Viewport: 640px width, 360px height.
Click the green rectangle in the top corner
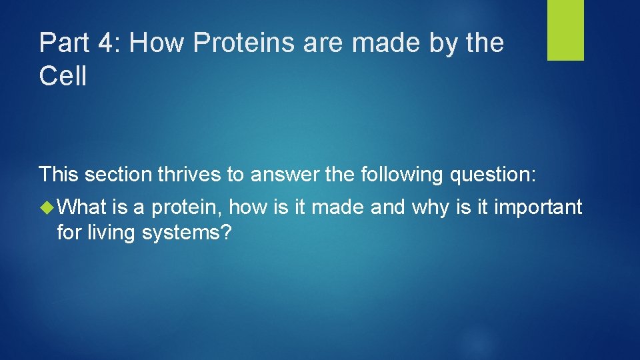point(565,30)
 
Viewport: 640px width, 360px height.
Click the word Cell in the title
point(63,77)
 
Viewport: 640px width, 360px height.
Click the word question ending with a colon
point(493,175)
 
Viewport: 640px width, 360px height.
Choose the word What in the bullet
point(83,207)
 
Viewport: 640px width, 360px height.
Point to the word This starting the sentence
point(59,175)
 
